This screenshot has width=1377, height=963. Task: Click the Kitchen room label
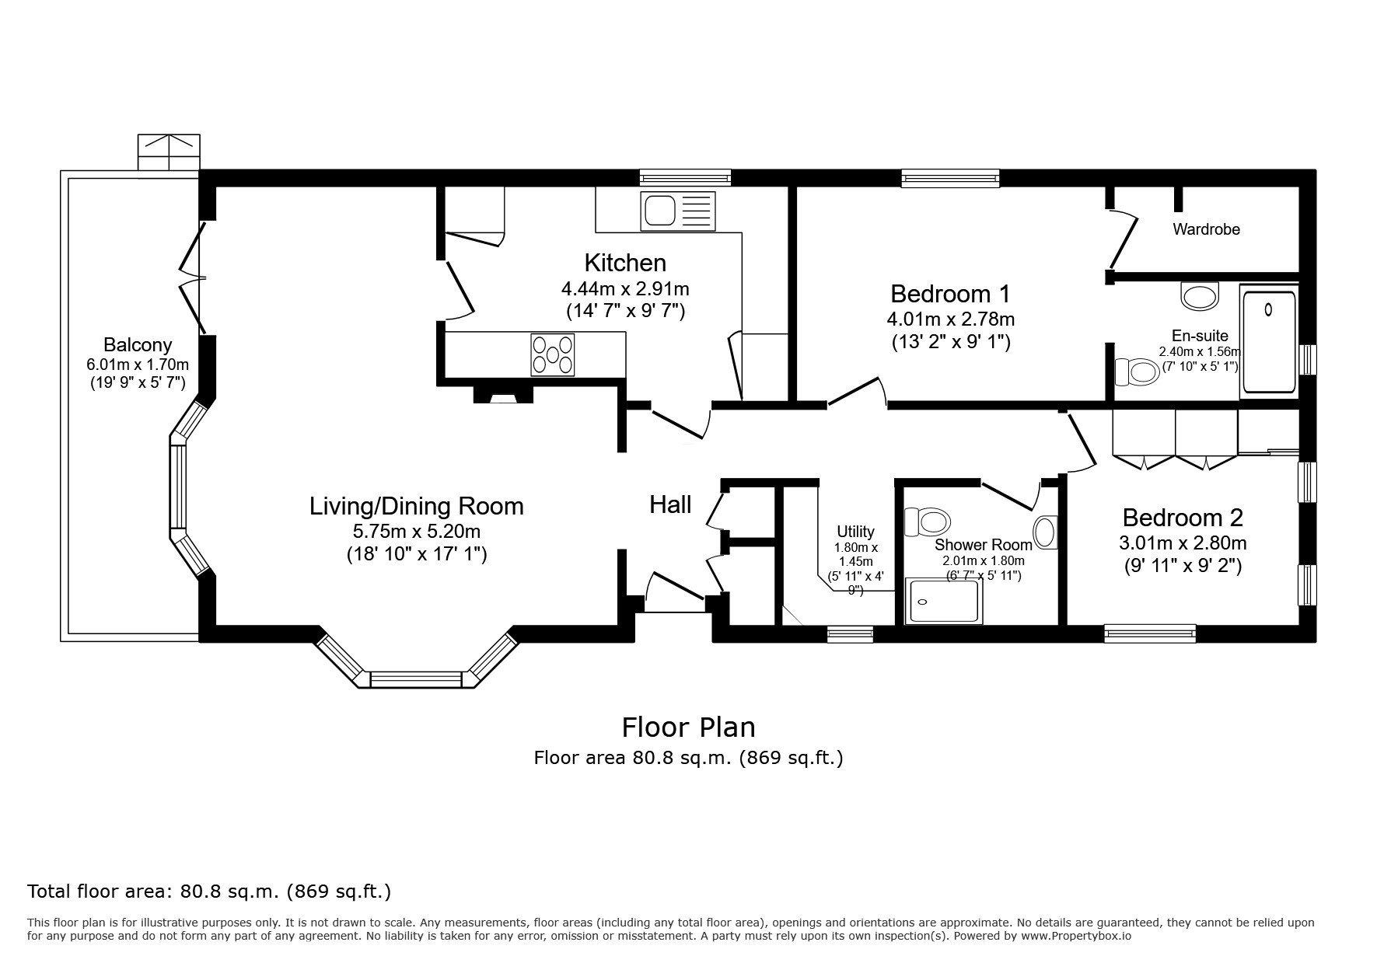[625, 263]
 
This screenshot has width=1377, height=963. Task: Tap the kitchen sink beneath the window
[677, 211]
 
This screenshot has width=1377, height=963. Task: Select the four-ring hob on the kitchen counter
[553, 354]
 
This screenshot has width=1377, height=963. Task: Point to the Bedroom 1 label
[950, 294]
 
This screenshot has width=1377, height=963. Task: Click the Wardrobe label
[1206, 229]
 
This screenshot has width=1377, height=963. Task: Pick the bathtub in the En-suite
[1269, 341]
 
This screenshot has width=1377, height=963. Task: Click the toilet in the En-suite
[1137, 372]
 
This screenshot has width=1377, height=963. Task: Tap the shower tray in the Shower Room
[943, 601]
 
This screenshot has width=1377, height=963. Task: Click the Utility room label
[855, 532]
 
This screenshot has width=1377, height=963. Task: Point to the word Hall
[670, 505]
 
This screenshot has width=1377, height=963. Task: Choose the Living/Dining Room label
[417, 506]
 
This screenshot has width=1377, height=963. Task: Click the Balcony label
[138, 344]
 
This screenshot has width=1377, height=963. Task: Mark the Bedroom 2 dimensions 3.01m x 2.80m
[1183, 543]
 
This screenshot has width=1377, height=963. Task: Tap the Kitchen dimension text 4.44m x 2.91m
[625, 289]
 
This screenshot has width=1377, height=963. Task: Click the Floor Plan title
[688, 727]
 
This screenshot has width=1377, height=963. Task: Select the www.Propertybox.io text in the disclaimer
[1075, 937]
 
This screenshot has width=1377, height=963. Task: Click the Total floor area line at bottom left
[209, 891]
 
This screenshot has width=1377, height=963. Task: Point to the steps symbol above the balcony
[169, 152]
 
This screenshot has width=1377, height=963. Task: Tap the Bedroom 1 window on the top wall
[950, 179]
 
